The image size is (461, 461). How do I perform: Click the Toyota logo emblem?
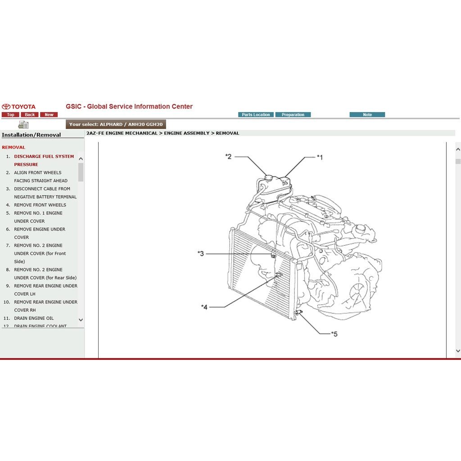pos(6,107)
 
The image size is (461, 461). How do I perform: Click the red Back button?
pos(30,115)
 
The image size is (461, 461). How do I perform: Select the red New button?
pos(49,115)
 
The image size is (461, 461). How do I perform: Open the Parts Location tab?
pos(256,115)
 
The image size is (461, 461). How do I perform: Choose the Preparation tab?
pos(293,115)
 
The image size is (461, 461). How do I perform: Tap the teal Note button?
pos(367,115)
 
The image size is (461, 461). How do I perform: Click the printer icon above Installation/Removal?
pos(23,125)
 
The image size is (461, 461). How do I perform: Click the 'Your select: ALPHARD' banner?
pos(116,124)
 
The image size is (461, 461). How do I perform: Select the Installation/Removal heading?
pos(32,135)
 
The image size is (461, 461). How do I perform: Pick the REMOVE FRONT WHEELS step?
pos(40,205)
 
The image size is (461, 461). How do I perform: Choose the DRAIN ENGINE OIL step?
pos(34,318)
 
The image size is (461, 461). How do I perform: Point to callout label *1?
pos(320,157)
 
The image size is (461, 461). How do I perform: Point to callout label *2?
pos(228,156)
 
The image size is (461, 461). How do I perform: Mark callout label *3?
pos(201,253)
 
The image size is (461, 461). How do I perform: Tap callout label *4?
pos(204,307)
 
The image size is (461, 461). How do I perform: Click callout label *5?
pos(334,334)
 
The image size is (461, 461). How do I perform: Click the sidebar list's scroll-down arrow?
pos(81,320)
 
